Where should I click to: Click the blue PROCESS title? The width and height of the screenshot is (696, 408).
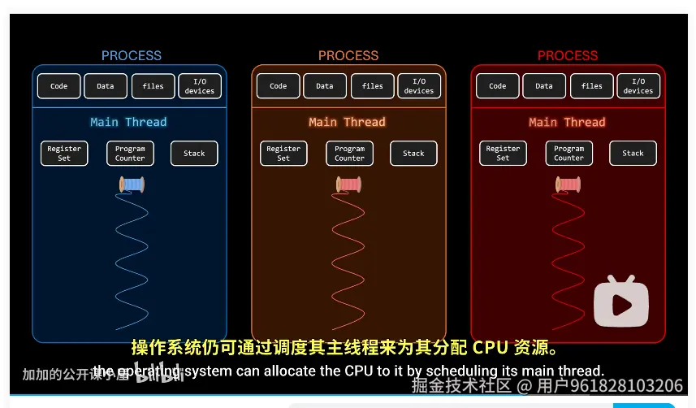131,55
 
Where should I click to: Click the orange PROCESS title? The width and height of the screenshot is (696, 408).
348,55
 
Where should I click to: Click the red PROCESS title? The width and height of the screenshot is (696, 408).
567,55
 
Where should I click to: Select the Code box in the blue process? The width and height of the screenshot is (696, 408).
59,86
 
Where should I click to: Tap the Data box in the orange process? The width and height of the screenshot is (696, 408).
325,86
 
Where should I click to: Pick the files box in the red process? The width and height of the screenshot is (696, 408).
592,86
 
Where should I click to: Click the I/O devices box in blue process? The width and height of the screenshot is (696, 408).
199,86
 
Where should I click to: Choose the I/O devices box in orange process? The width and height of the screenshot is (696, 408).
419,86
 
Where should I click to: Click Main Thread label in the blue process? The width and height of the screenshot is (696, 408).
128,122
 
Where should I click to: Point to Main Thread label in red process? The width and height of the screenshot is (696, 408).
567,122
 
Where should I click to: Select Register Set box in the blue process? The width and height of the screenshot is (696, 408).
64,154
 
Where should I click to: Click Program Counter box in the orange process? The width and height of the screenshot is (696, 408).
349,154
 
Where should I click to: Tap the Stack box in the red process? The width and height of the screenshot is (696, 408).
633,154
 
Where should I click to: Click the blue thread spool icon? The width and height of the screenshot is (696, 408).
132,185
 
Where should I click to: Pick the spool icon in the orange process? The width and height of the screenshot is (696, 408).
348,185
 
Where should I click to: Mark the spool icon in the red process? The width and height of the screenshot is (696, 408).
568,185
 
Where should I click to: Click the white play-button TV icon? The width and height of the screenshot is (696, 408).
621,302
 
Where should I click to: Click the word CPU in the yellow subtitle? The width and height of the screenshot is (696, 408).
490,348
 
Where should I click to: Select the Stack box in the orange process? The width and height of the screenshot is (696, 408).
413,154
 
